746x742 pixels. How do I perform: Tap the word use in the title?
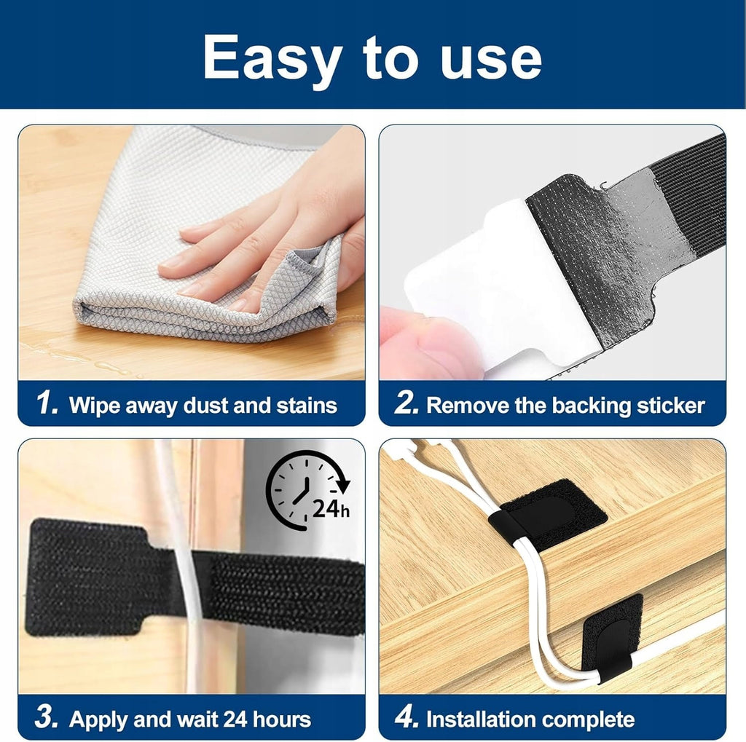click(x=492, y=60)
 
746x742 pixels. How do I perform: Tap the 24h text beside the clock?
click(x=331, y=509)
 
